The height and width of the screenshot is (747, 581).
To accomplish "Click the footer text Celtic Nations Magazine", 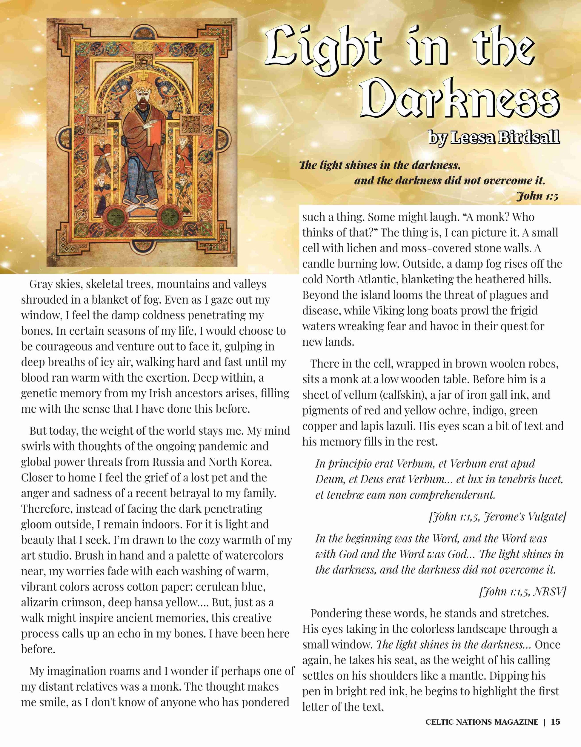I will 482,722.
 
